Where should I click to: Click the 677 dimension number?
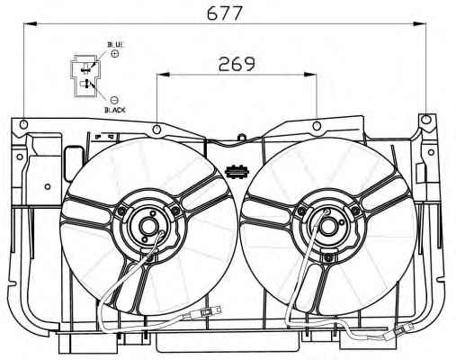(224, 13)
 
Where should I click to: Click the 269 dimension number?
(237, 64)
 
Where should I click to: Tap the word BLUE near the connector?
(115, 45)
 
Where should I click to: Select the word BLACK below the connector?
(115, 110)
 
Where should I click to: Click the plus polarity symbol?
(114, 54)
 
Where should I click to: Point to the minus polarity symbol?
(114, 100)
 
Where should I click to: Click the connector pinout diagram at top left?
(85, 76)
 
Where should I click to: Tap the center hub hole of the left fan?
(148, 227)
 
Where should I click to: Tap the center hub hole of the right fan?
(327, 226)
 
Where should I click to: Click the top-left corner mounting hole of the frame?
(23, 124)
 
